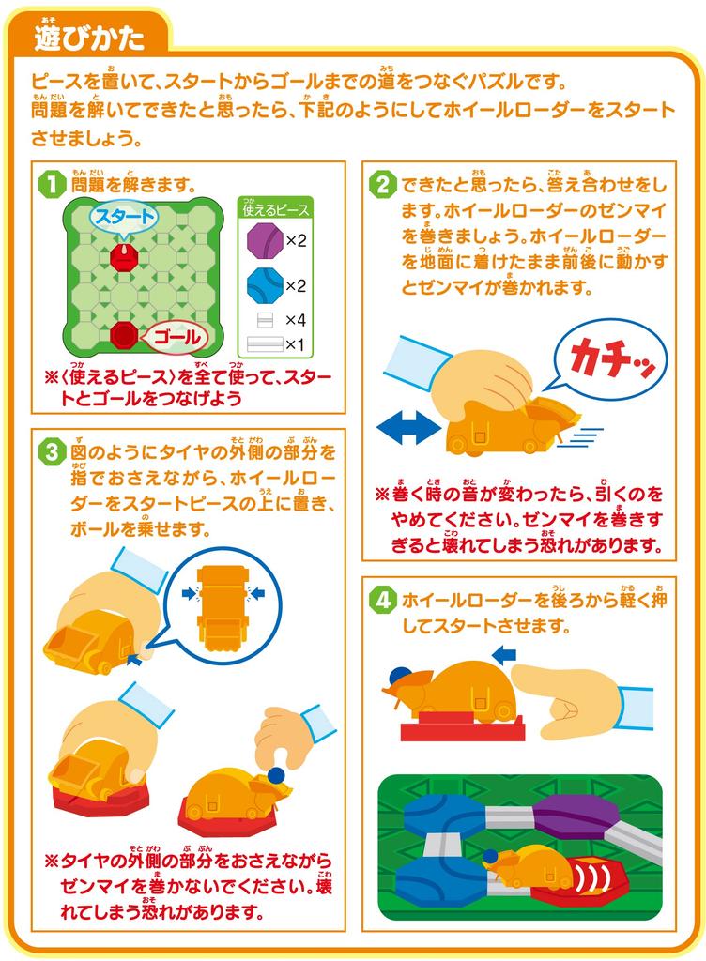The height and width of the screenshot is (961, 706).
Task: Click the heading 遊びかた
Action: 88,38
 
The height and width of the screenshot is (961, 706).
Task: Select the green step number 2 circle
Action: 381,183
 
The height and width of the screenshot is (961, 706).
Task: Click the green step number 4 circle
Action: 381,599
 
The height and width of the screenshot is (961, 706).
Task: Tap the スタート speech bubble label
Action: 124,217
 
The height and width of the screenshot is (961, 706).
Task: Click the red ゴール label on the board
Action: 172,336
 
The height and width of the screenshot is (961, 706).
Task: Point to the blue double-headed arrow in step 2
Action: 408,427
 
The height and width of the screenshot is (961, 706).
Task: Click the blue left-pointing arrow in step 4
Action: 504,652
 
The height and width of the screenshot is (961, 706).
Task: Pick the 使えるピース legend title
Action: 276,209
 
